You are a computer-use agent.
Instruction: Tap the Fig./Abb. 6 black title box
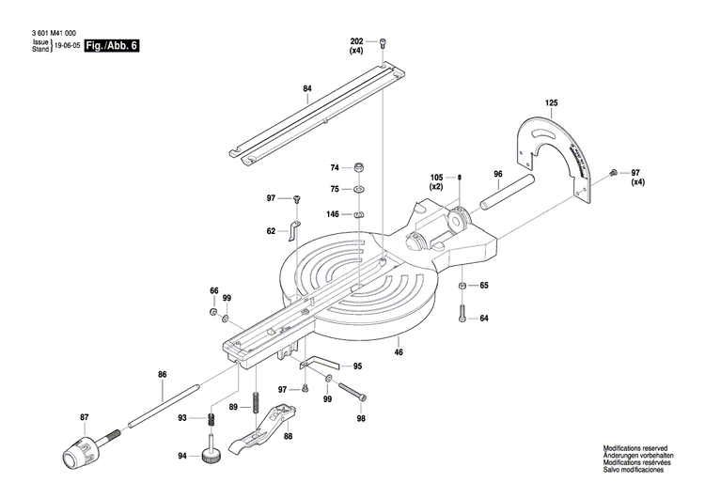110,45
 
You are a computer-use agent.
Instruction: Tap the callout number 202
355,42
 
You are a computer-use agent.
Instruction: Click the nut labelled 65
462,286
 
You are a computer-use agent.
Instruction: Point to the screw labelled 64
462,315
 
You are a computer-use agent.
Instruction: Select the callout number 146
333,214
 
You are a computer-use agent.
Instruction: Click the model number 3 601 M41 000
46,32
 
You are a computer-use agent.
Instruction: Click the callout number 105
437,178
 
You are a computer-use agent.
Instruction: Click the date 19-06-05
66,45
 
